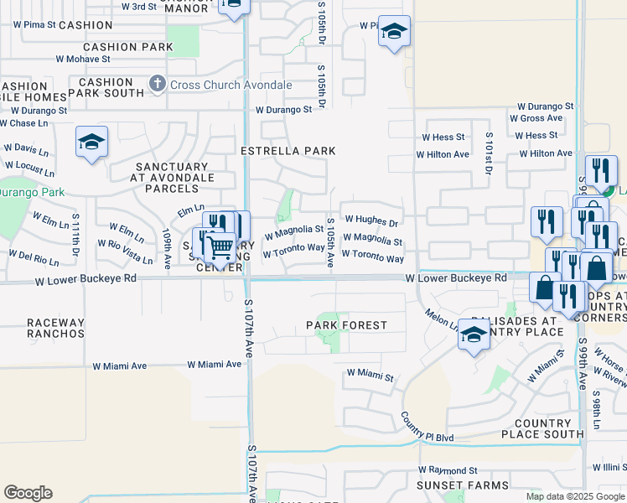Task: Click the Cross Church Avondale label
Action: click(231, 85)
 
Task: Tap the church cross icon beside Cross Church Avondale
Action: click(157, 84)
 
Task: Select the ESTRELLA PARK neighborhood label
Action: click(288, 151)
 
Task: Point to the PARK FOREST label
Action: click(346, 324)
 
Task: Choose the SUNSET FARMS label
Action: click(465, 485)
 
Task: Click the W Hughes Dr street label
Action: click(370, 220)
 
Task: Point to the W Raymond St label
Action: click(448, 471)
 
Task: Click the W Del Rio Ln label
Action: click(33, 251)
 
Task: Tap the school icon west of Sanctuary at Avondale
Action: click(91, 142)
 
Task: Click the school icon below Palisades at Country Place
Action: click(474, 334)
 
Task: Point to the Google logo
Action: click(28, 493)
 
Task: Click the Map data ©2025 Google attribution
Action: click(574, 496)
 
